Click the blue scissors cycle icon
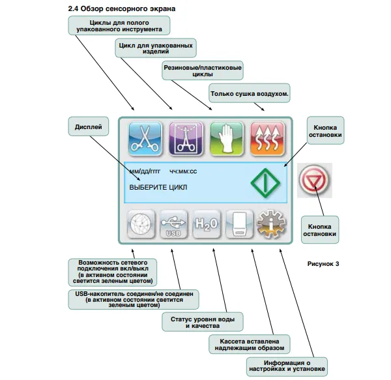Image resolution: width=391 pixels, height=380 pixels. point(143,138)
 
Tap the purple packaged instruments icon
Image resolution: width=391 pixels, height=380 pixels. point(186,138)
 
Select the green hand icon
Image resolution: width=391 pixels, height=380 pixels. point(225,138)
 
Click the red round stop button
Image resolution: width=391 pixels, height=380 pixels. point(315,180)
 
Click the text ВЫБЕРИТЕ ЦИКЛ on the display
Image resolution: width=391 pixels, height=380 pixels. point(158,188)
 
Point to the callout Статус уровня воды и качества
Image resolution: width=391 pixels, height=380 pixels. point(202,321)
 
